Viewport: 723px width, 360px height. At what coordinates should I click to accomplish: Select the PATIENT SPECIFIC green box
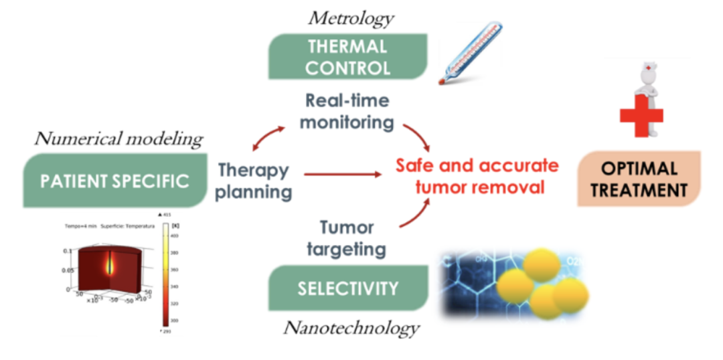(x=114, y=180)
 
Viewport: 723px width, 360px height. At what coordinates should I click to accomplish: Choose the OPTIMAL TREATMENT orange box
(x=639, y=179)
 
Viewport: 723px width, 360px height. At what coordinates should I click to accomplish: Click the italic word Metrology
(x=350, y=17)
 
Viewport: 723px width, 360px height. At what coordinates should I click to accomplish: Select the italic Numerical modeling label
(x=118, y=139)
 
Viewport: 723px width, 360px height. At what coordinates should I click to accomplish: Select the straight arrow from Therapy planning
(x=342, y=174)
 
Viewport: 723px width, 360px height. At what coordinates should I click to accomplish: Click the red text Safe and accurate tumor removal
(x=477, y=176)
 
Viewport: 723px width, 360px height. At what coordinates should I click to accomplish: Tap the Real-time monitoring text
(x=347, y=111)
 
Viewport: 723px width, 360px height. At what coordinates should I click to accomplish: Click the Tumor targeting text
(x=346, y=239)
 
